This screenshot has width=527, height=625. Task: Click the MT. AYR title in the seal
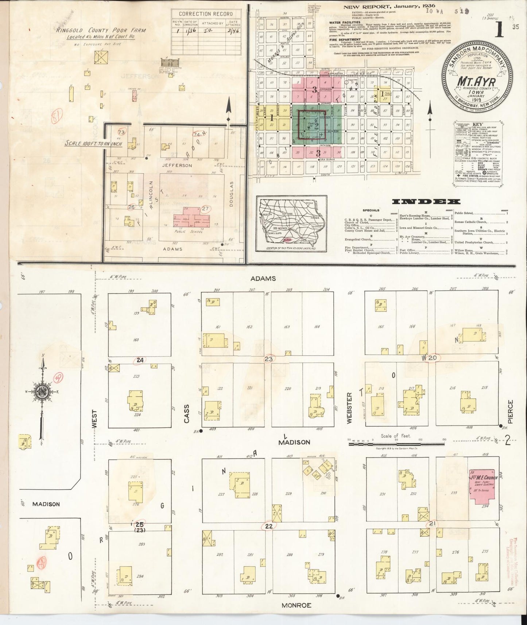[x=476, y=82]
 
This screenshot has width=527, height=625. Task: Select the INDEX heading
[x=426, y=202]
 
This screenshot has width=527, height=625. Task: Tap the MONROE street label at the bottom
[x=297, y=605]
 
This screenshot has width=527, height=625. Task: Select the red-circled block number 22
[x=269, y=526]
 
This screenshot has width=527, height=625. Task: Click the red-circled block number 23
[x=269, y=359]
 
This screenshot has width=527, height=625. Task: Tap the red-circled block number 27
[x=206, y=208]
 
